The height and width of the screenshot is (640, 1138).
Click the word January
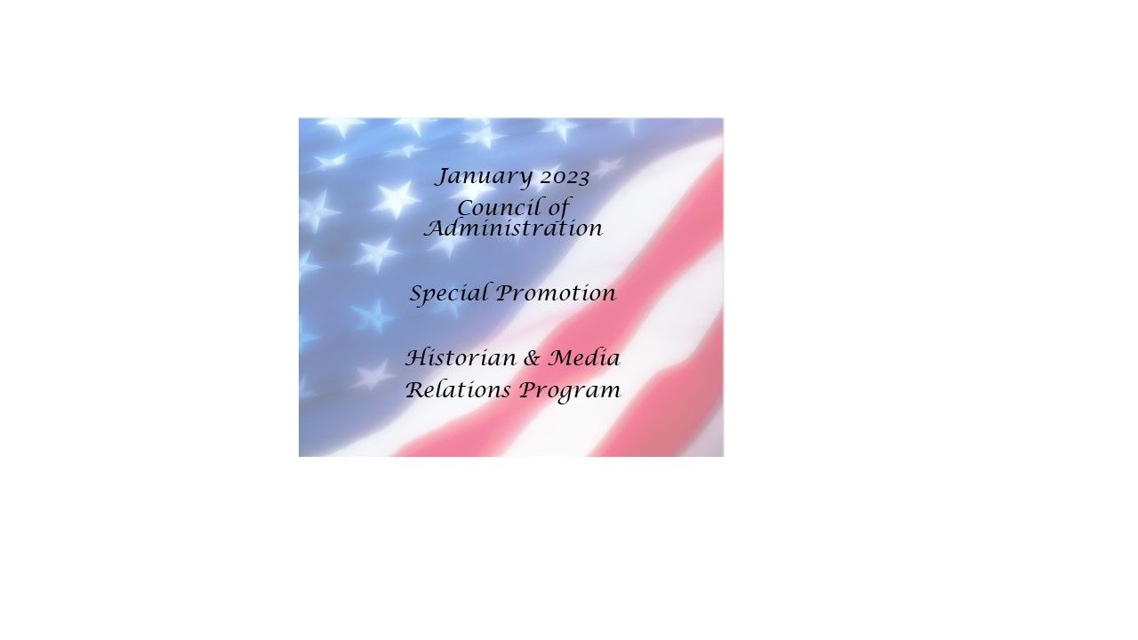tap(484, 178)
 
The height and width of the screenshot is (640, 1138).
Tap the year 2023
tap(565, 178)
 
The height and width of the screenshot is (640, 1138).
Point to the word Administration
tap(514, 228)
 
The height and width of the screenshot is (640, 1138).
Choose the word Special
tap(449, 294)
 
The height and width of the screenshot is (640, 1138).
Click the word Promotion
tap(557, 293)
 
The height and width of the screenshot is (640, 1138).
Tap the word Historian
tap(461, 358)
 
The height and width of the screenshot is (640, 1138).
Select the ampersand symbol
tap(532, 358)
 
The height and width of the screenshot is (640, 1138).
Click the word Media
tap(584, 358)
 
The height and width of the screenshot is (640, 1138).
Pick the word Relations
tap(458, 390)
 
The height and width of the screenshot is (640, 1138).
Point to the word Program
tap(570, 392)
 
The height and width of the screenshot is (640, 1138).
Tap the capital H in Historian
tap(418, 358)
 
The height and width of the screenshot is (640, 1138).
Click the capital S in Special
tap(417, 293)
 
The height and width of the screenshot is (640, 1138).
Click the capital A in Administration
tap(436, 228)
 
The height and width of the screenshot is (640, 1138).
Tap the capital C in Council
tap(466, 208)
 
